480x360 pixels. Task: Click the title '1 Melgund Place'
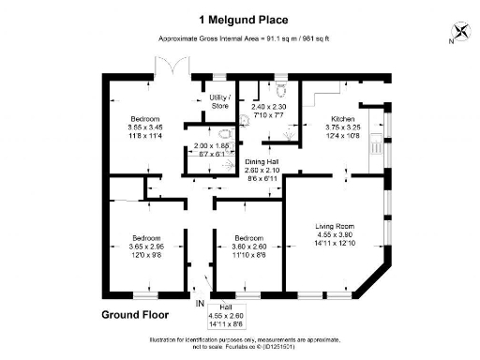(241, 18)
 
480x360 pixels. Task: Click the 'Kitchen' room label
(340, 118)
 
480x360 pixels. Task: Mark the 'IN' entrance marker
(199, 304)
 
